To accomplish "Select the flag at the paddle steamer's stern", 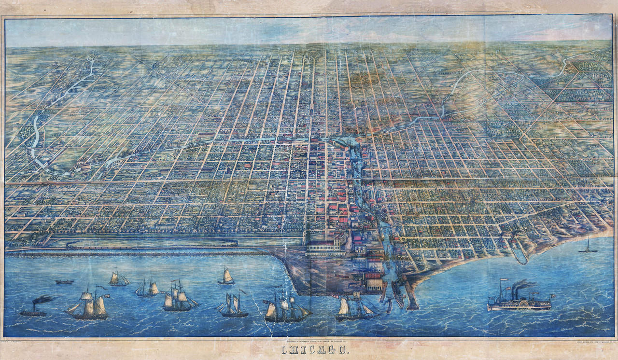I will point(553,295).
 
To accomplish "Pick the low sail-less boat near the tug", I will point(64,281).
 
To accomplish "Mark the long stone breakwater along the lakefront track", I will point(135,253).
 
